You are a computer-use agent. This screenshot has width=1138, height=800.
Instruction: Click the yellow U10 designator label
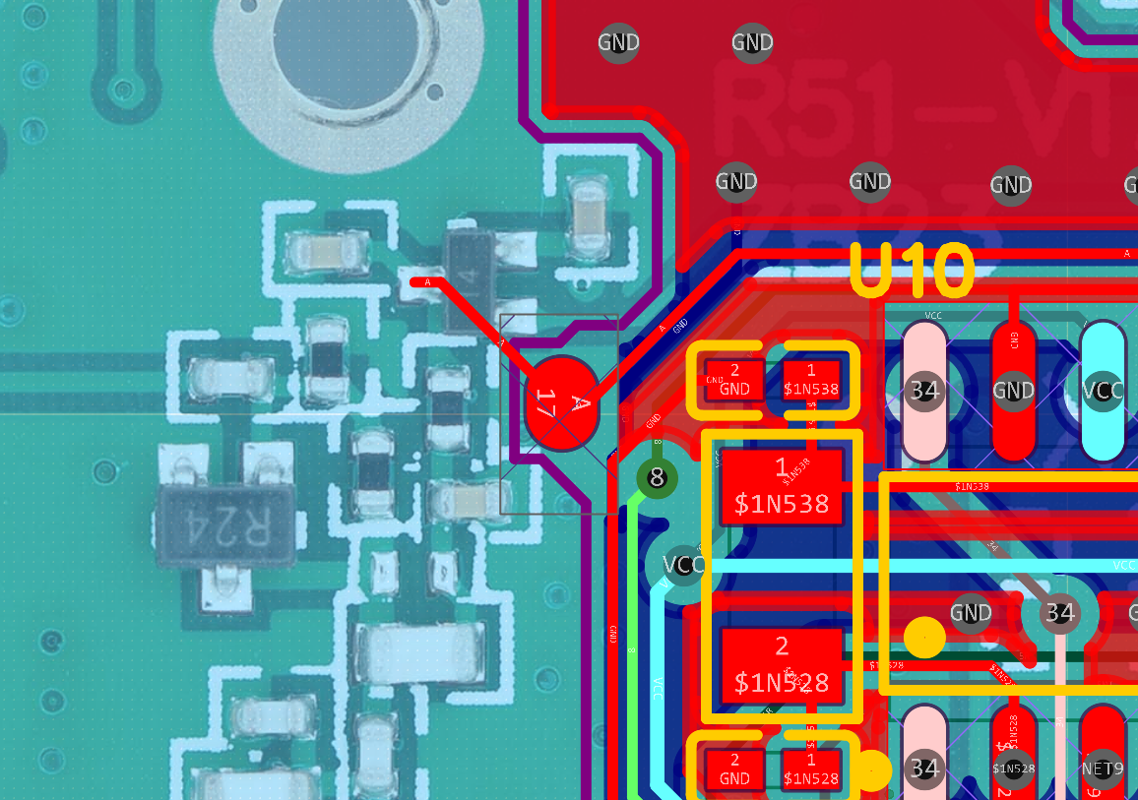[x=913, y=272]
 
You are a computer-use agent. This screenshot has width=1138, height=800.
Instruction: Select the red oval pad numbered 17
[x=561, y=404]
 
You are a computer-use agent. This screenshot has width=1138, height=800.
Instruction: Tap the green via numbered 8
[x=658, y=478]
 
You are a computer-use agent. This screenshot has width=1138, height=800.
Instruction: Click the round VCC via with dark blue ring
[x=683, y=565]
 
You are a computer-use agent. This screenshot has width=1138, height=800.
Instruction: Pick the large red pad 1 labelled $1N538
[x=782, y=487]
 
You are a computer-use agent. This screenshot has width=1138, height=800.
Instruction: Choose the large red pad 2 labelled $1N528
[x=782, y=664]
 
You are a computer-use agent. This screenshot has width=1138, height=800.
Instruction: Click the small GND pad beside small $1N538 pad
[x=734, y=380]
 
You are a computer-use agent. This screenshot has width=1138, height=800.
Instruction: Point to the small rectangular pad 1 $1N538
[x=811, y=380]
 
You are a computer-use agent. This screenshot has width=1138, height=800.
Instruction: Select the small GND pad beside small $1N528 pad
[x=734, y=769]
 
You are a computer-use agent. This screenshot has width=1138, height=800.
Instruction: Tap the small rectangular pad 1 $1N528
[x=811, y=769]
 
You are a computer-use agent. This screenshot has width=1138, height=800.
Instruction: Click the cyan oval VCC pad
[x=1103, y=391]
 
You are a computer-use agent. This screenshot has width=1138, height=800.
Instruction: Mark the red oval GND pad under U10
[x=1013, y=391]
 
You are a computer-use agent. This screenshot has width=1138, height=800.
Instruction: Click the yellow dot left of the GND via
[x=924, y=638]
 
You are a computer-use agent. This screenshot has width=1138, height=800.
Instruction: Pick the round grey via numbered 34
[x=1058, y=613]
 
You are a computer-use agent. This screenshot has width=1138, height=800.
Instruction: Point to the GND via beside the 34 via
[x=971, y=613]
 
